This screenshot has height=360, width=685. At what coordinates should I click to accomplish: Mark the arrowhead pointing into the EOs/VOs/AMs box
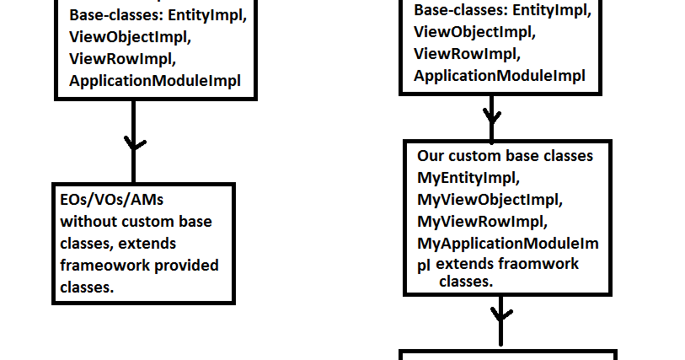click(134, 143)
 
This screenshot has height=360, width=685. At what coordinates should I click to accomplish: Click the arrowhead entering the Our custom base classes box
click(491, 114)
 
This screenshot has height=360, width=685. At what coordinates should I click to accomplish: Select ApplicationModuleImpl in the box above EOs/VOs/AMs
click(155, 81)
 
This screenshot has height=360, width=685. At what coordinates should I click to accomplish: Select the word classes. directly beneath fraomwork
click(466, 282)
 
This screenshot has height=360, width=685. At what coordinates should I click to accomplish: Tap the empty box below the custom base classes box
click(508, 355)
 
